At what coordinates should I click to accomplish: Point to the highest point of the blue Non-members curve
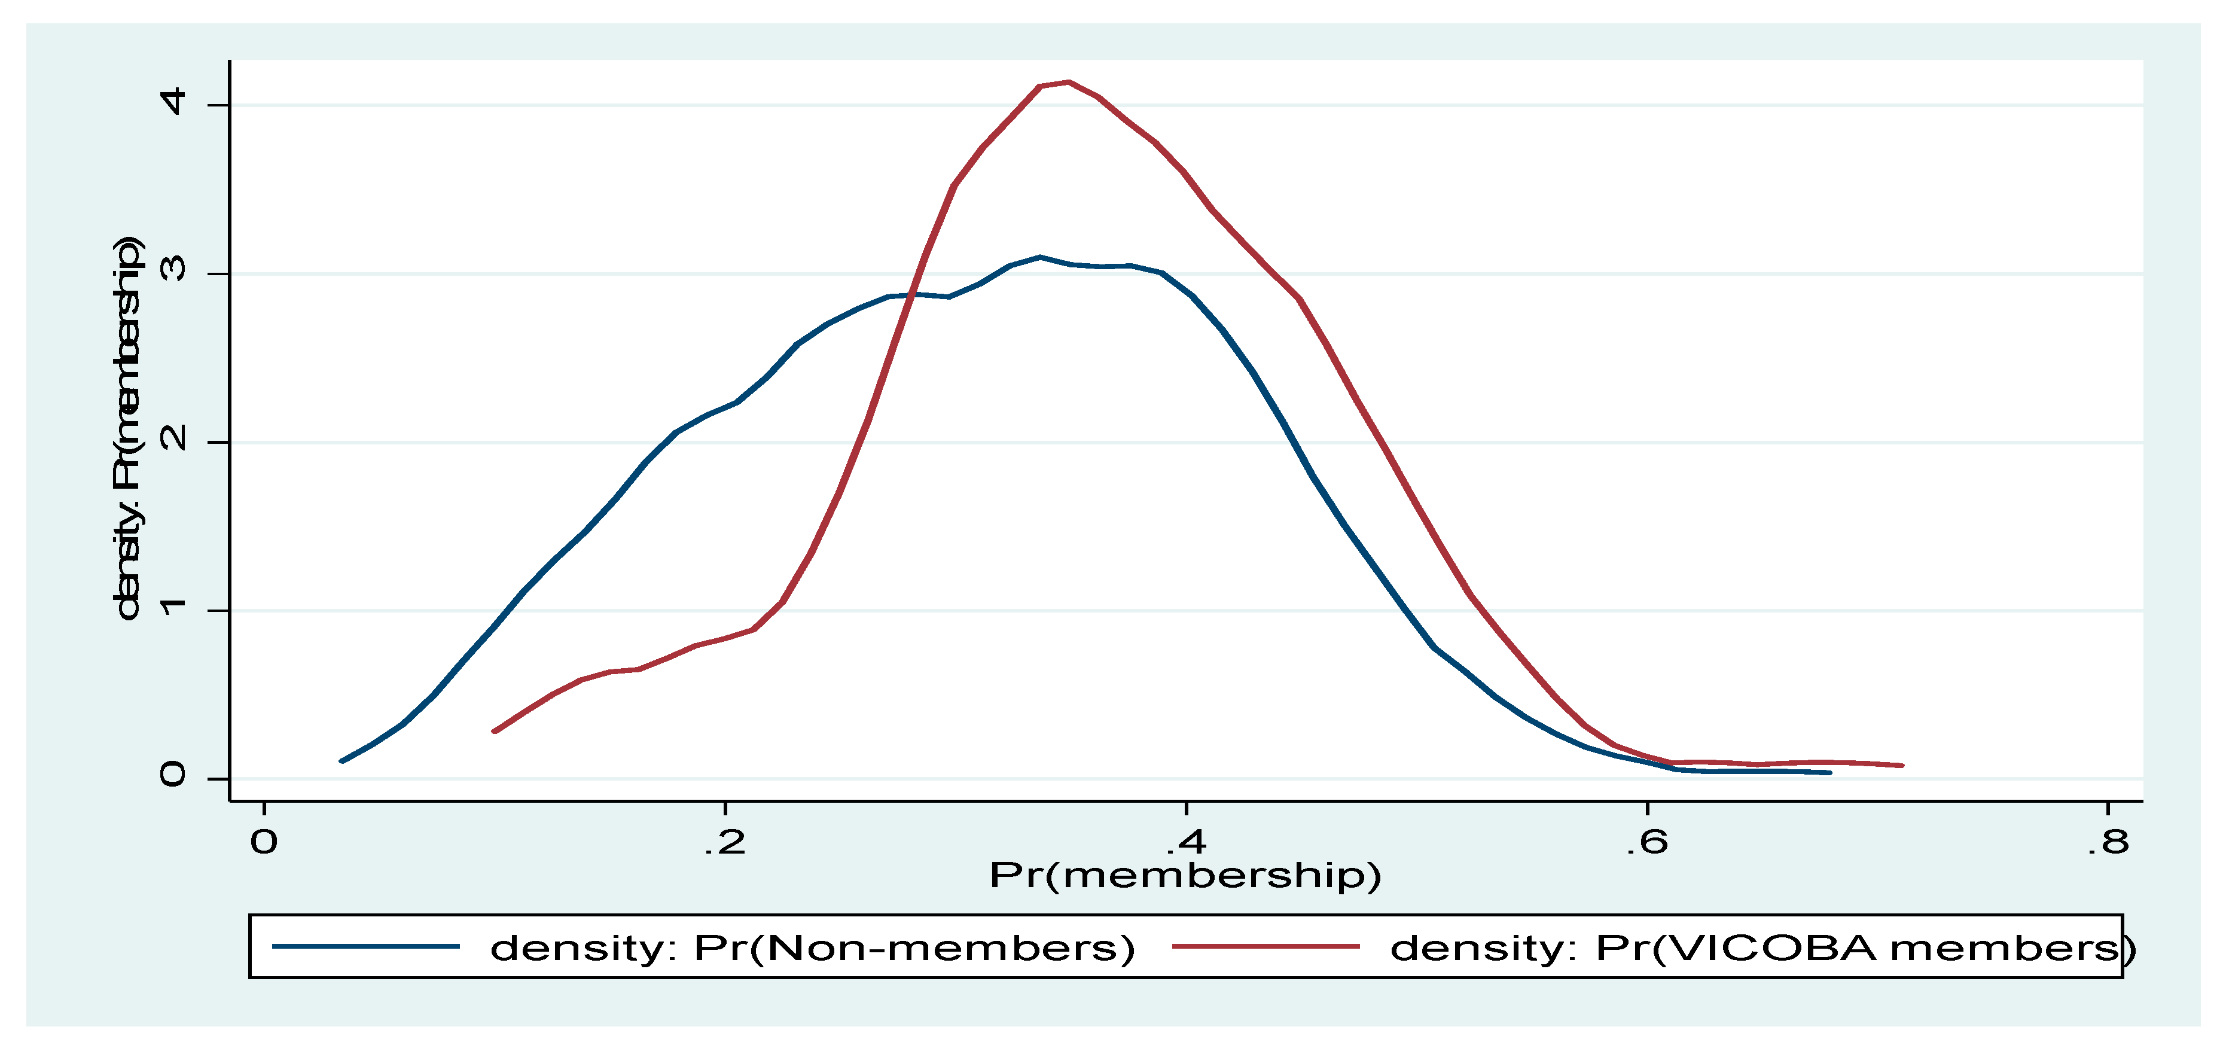(1040, 257)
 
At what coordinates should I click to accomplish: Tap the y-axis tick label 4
(173, 102)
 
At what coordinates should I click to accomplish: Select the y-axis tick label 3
(173, 269)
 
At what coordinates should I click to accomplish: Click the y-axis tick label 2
(173, 438)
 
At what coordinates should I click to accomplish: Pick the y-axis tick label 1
(173, 607)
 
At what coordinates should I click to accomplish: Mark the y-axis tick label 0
(173, 775)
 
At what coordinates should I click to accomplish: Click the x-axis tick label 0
(264, 842)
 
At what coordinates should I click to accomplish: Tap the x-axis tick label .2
(724, 842)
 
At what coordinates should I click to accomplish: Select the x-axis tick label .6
(1646, 842)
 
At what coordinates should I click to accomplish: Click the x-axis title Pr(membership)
(1185, 876)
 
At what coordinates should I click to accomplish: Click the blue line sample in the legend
(365, 947)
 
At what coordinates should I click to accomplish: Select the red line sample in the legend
(1265, 947)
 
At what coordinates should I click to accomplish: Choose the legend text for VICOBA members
(1761, 948)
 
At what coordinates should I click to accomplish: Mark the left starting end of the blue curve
(343, 761)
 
